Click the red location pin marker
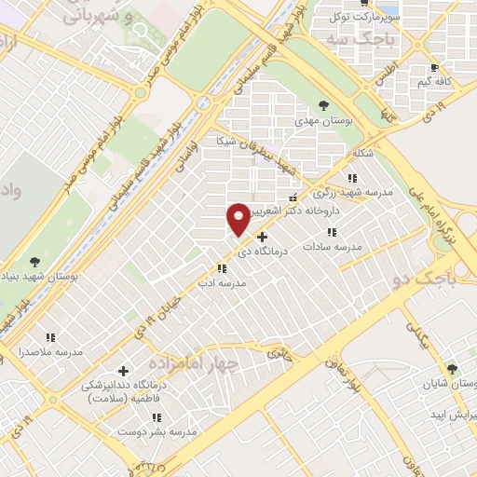tap(238, 218)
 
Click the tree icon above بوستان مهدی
tap(322, 104)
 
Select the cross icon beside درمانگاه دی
tap(262, 237)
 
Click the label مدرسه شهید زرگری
tap(352, 194)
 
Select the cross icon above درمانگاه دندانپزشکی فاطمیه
tap(123, 371)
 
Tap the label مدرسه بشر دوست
tap(156, 432)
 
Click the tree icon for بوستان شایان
tap(452, 369)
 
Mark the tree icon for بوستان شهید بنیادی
tap(35, 262)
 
